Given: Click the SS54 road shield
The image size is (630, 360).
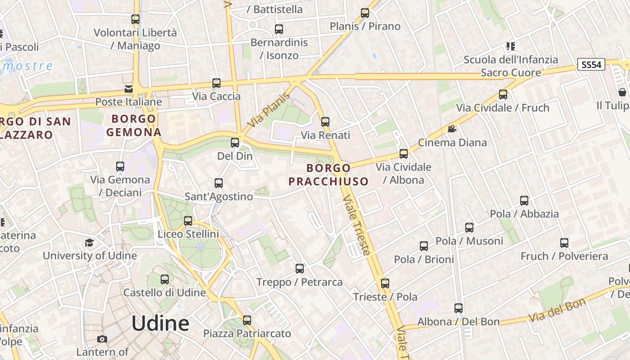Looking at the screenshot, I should coord(591,65).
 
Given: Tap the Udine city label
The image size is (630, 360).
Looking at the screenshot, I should coord(160,324).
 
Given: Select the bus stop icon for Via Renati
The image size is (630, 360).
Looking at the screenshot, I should coord(325,121).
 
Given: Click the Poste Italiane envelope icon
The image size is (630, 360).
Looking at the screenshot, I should coord(129,89).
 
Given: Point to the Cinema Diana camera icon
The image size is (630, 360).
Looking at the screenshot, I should coord(452,129).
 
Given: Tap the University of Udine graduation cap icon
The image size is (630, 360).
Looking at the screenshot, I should coord(90,243).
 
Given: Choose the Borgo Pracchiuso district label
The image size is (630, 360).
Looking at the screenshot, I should coord(328,175).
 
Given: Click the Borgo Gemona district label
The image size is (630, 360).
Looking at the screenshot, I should coord(134,126).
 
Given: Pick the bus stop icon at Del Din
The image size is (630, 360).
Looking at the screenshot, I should coord(235,143).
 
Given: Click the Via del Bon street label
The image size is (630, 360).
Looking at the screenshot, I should coord(557,310).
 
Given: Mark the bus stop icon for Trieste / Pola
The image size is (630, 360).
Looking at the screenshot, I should coord(385,283).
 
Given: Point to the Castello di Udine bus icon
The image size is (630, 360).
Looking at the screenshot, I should coord(165,279).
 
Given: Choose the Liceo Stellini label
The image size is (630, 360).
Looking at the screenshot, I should coord(188,234).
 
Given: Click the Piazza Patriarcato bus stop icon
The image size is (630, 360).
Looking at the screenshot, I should coord(247,320).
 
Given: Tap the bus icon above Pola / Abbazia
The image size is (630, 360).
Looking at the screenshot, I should coord(524,201).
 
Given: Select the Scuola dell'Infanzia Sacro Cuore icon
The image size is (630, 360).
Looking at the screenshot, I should coord(510,46).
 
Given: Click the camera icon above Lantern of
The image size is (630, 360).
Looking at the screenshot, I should coord(102,339).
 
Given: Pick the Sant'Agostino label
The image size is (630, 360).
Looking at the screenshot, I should coord(219,197).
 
